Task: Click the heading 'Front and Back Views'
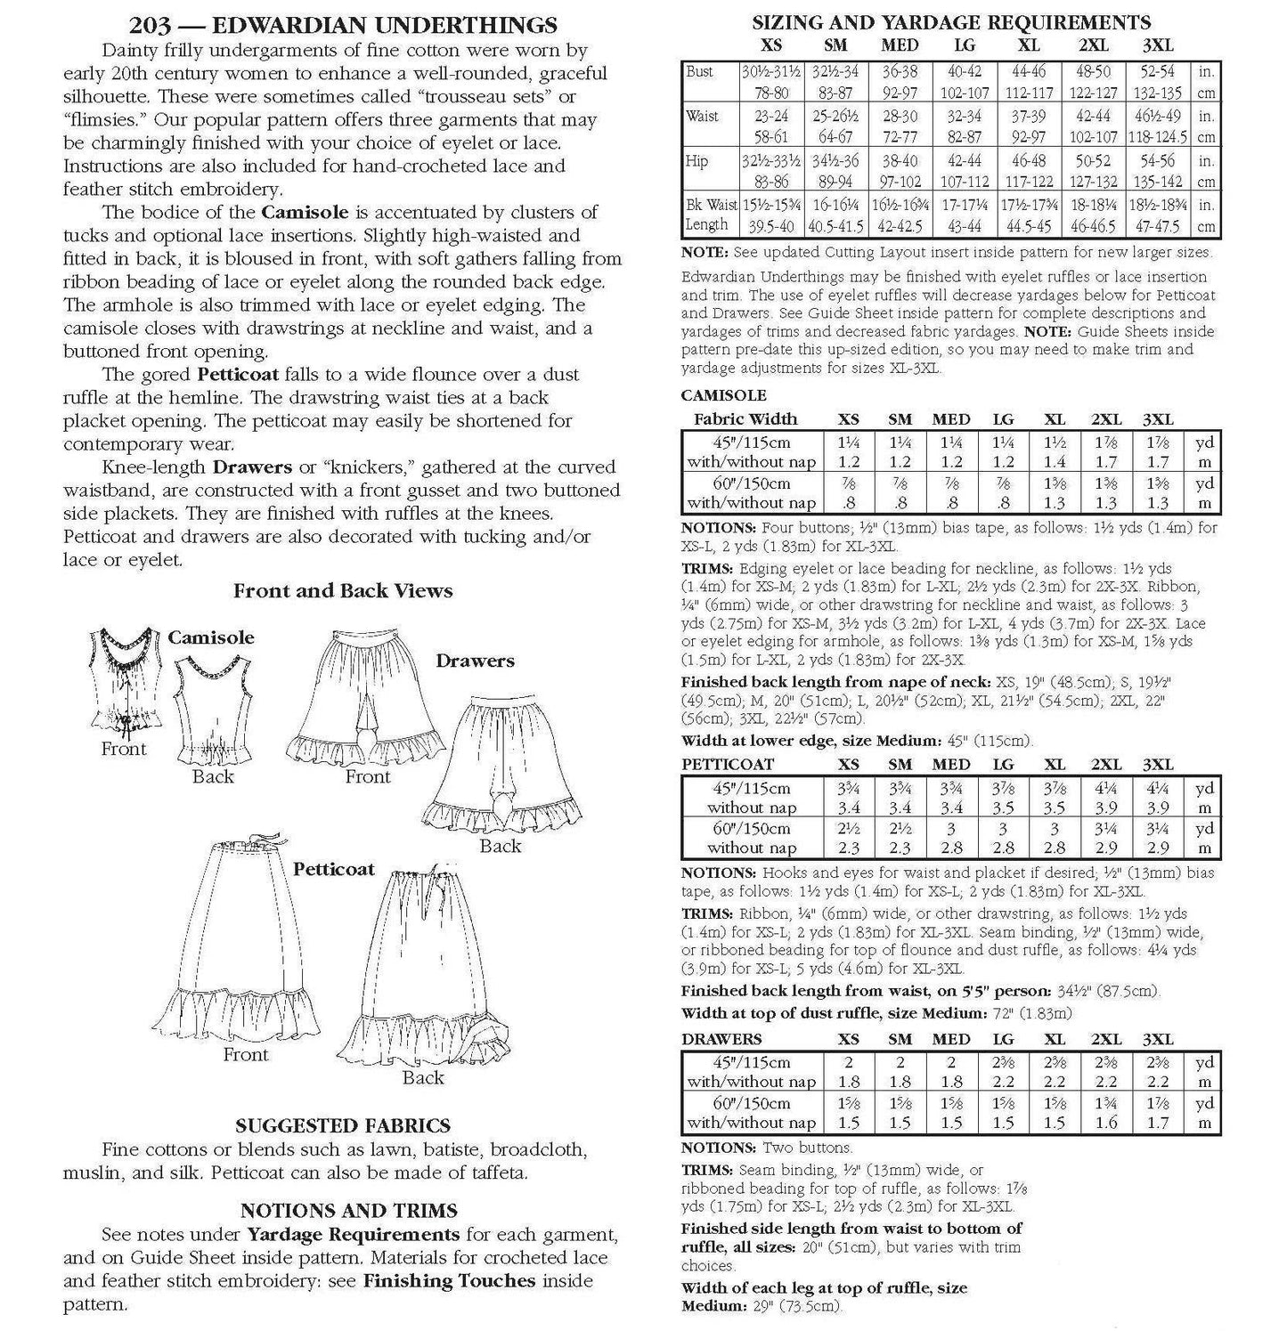[343, 591]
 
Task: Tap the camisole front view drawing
[125, 681]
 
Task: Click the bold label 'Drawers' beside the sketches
[475, 661]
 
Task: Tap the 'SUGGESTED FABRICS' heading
[343, 1126]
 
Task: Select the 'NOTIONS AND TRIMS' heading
[348, 1211]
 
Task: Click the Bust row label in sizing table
[700, 72]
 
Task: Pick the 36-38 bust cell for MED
[900, 72]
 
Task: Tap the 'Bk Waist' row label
[711, 204]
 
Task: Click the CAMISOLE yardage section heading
[723, 396]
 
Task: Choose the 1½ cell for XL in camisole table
[1055, 442]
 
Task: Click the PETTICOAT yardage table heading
[728, 765]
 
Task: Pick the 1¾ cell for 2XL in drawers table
[1106, 1104]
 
